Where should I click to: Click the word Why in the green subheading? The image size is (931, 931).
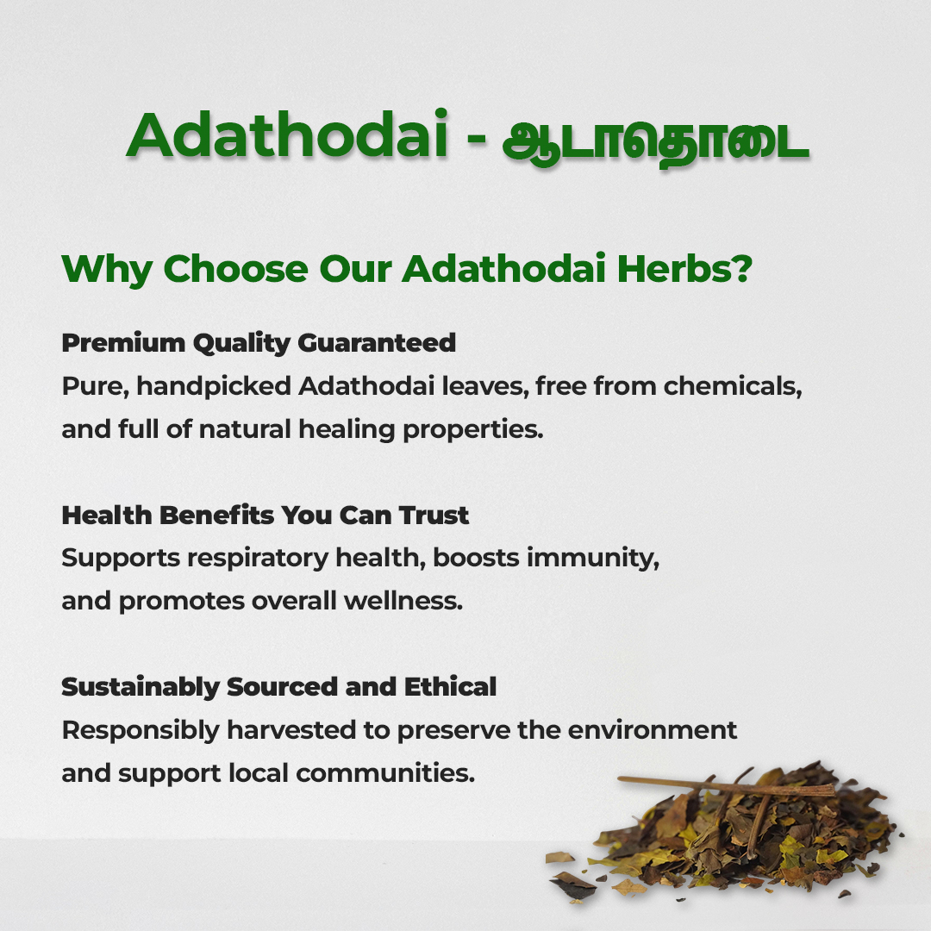pos(107,271)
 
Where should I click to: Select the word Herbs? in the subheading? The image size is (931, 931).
pos(684,268)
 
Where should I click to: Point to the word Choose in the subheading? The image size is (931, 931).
pos(235,269)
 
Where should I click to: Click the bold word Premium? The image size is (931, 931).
pos(123,343)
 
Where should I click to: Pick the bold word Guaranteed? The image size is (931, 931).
pos(377,342)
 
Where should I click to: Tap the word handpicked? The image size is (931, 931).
pos(214,386)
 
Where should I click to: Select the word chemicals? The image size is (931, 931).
pos(733,386)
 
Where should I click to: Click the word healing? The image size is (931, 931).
pos(347,430)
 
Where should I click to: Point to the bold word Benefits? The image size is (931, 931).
pos(217,515)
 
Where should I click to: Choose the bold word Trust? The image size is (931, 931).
pos(434,515)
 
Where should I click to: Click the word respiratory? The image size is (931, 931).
pos(257,559)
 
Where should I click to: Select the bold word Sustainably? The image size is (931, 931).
pos(141,688)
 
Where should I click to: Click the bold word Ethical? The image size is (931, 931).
pos(450,687)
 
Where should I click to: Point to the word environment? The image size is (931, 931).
pos(652,730)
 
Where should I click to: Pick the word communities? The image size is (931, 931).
pos(385,773)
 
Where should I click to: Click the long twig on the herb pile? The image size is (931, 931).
pos(727,786)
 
